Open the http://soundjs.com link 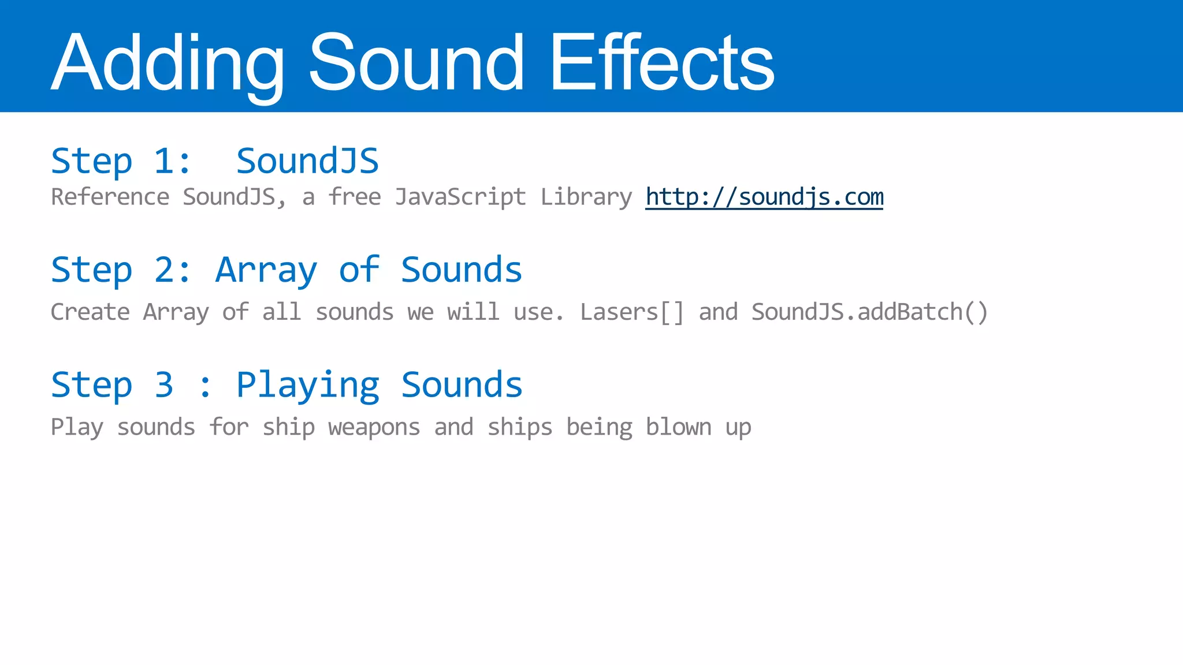click(x=764, y=197)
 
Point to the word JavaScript click(x=460, y=197)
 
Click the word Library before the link click(x=586, y=197)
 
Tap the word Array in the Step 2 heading click(x=266, y=270)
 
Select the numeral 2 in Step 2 click(x=164, y=270)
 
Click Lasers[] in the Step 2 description click(x=632, y=312)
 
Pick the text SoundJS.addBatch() click(x=869, y=312)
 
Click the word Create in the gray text click(x=90, y=312)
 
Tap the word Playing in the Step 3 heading click(x=307, y=385)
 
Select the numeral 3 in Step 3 click(x=164, y=385)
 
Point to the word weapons click(x=374, y=428)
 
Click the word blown click(x=678, y=428)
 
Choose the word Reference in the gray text click(x=110, y=197)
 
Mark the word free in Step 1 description click(x=354, y=197)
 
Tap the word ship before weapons click(x=288, y=428)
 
